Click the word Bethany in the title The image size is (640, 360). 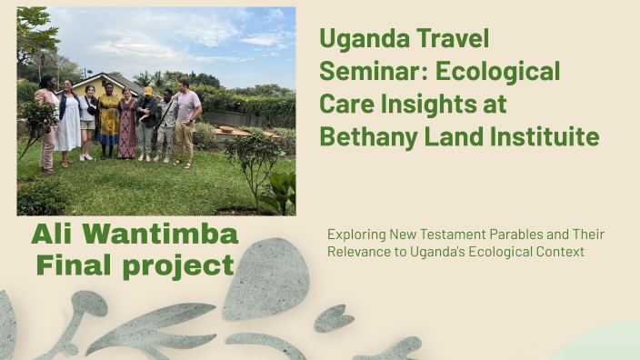coord(365,137)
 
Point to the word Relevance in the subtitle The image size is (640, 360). coord(363,251)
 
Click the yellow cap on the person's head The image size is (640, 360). coord(147,91)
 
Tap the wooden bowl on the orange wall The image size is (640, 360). coord(226,129)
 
